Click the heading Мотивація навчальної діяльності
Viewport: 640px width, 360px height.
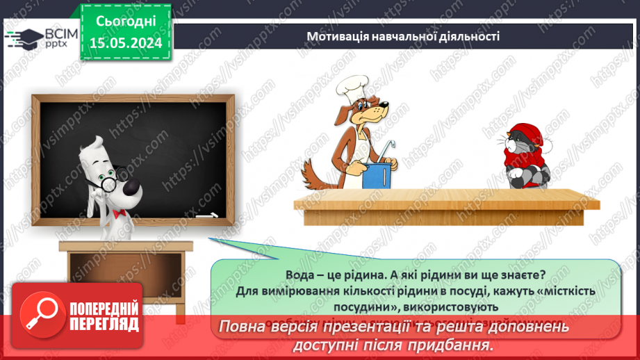[x=403, y=35]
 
